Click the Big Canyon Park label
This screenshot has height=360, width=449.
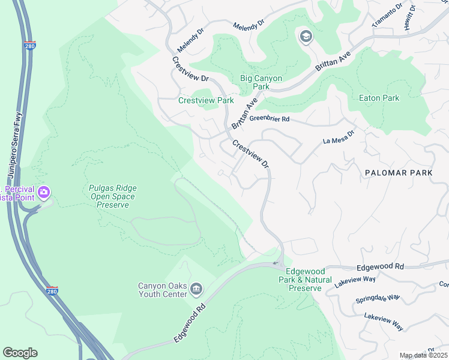pyautogui.click(x=261, y=82)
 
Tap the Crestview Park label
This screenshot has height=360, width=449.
pyautogui.click(x=206, y=100)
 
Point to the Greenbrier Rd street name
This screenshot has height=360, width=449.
pyautogui.click(x=270, y=119)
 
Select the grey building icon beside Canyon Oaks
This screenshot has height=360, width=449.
pyautogui.click(x=196, y=290)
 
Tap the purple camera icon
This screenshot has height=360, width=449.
pyautogui.click(x=43, y=193)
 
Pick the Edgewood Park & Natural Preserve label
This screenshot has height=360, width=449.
pyautogui.click(x=309, y=280)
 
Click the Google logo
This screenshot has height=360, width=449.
pyautogui.click(x=20, y=353)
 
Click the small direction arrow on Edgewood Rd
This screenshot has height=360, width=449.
pyautogui.click(x=276, y=263)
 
